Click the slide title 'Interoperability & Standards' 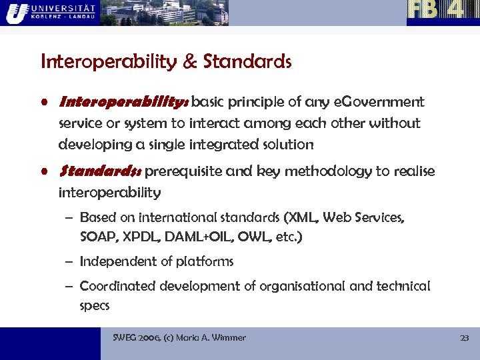(166, 62)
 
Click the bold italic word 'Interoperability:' (124, 103)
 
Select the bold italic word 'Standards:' (100, 172)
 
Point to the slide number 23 (465, 338)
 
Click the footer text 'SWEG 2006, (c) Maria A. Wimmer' (179, 338)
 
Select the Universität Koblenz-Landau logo (49, 12)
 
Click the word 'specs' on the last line (94, 306)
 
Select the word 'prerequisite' (184, 172)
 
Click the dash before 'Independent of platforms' (70, 262)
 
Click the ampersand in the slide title (189, 62)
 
